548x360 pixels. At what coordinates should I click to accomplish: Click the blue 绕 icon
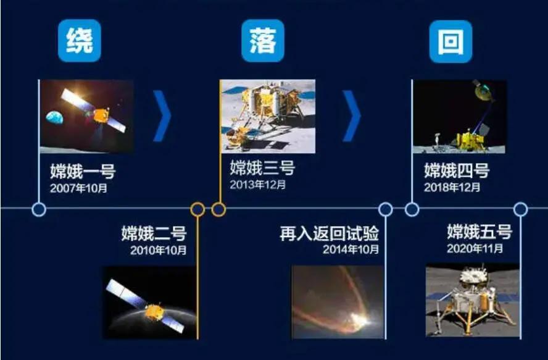coord(80,41)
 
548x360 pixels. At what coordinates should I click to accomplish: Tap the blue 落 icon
coord(263,41)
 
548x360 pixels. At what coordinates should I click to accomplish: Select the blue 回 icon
coord(451,41)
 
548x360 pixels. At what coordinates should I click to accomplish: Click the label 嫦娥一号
coord(83,171)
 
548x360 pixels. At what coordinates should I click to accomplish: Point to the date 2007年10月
coord(78,188)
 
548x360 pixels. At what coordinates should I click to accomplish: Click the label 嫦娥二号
coord(154,233)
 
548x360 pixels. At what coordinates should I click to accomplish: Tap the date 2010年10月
coord(159,250)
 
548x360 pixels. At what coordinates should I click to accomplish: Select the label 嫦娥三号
coord(262,167)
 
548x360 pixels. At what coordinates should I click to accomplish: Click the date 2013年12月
coord(257,185)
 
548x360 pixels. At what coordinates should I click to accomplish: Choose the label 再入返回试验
coord(329,233)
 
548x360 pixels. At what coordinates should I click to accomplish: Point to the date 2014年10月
coord(351,249)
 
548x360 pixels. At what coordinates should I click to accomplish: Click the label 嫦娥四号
coord(457,170)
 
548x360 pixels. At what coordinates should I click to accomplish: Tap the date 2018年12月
coord(452,188)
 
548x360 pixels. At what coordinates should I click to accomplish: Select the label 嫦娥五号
coord(479,232)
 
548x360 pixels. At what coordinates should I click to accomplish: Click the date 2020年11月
coord(475,248)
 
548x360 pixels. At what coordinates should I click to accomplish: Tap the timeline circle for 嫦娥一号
coord(39,209)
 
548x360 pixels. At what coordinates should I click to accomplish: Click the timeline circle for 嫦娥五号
coord(520,209)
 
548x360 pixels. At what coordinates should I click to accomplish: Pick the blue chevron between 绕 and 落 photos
coord(162,116)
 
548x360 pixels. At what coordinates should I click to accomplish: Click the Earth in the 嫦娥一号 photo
coord(55,117)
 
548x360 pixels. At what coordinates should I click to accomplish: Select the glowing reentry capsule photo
coord(338,302)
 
